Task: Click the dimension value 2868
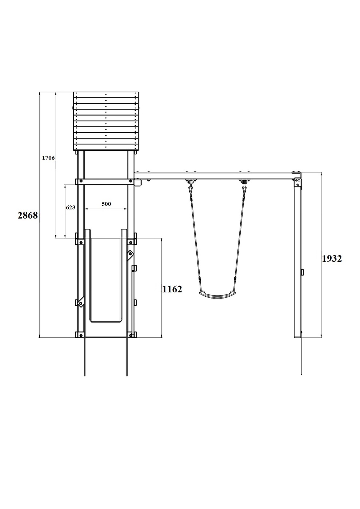click(x=28, y=215)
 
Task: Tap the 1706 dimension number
click(x=48, y=158)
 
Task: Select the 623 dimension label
click(x=71, y=208)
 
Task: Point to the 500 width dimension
click(x=106, y=204)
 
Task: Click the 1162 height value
click(x=172, y=289)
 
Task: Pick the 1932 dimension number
click(x=332, y=258)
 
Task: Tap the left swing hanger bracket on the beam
click(x=191, y=182)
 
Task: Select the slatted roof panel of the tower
click(x=106, y=121)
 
